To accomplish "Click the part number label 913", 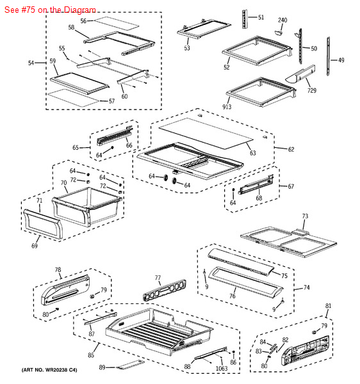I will coord(227,107).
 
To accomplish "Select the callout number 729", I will coord(311,91).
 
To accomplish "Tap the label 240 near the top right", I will coord(282,20).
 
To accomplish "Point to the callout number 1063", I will coord(222,368).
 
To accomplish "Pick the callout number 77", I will coord(158,278).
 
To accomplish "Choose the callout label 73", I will coord(305,216).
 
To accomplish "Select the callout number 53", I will coord(187,48).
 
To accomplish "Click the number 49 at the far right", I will coord(341,60).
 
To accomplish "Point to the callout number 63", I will coord(252,153).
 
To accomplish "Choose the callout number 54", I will coord(31,63).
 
